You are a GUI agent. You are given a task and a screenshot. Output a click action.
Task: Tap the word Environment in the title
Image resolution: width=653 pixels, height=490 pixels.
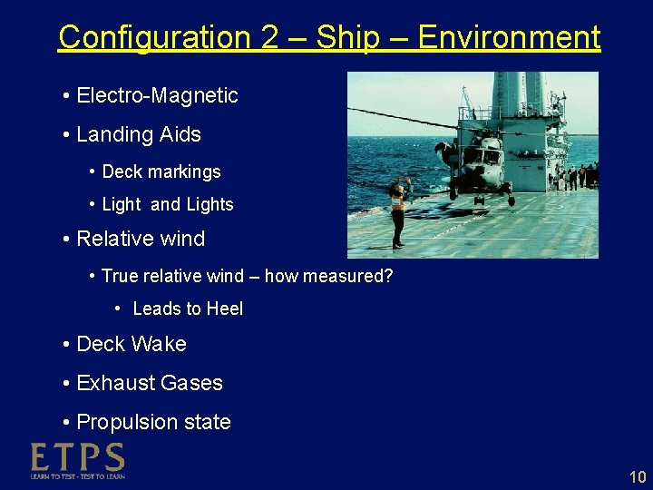509,38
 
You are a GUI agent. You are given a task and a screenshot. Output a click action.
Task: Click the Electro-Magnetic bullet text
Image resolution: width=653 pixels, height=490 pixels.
157,95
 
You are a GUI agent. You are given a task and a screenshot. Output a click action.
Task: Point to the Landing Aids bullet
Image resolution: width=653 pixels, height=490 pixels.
139,134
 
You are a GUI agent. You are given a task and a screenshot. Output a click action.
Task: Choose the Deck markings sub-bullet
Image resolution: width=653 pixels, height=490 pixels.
161,171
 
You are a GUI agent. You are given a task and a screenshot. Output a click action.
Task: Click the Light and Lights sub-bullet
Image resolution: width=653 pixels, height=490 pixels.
168,205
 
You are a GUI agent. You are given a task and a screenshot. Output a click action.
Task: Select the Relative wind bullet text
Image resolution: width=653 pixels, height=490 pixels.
141,239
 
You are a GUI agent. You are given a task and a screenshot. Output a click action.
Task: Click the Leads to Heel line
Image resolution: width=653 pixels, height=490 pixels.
188,309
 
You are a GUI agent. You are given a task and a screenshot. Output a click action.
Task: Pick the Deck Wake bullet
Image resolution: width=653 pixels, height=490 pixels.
132,344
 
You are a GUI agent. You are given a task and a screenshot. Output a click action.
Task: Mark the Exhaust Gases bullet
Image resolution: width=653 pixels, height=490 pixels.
150,383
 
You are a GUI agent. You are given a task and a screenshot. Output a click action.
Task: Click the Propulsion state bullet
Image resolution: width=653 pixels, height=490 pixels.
153,422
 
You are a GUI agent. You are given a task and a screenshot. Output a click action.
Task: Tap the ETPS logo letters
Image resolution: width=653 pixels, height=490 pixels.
78,456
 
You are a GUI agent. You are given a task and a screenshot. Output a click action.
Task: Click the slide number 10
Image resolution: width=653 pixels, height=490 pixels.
637,477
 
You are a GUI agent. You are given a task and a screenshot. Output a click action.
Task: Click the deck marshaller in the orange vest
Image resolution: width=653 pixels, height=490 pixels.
397,212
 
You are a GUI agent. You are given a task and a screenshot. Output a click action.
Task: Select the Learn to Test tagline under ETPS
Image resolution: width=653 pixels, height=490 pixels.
78,475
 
